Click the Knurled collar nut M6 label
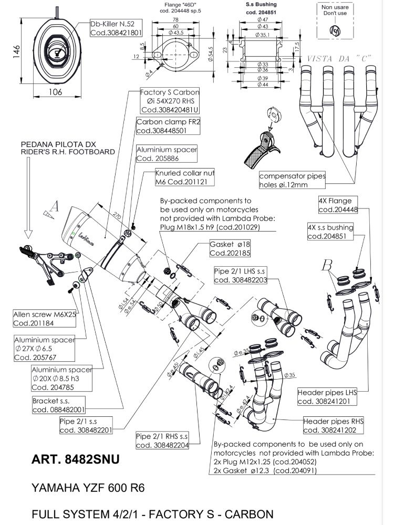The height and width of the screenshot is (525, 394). [x=185, y=177]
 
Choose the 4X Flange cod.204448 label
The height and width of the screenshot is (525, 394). [x=335, y=205]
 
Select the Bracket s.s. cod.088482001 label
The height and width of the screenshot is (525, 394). [x=58, y=405]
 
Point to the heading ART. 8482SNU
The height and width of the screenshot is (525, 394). [x=76, y=460]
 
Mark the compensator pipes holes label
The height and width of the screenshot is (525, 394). [x=292, y=181]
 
